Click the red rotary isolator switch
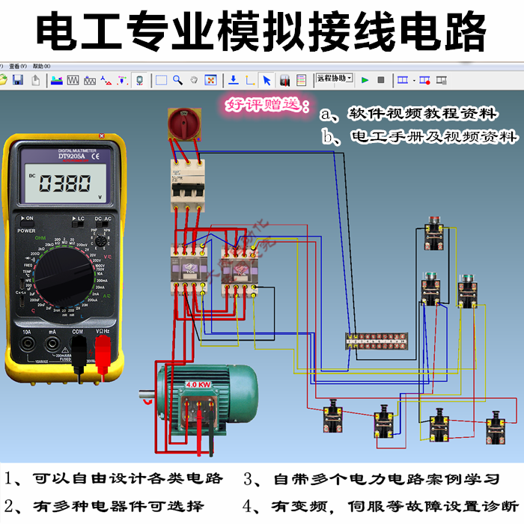click(182, 124)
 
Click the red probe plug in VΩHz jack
click(102, 348)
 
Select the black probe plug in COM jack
click(78, 349)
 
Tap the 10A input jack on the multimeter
click(27, 344)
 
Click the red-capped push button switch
click(432, 232)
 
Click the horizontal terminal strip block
click(374, 341)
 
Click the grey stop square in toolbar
click(380, 79)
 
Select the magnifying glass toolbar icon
click(177, 79)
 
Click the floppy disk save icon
click(17, 79)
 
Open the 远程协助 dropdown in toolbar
click(333, 78)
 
